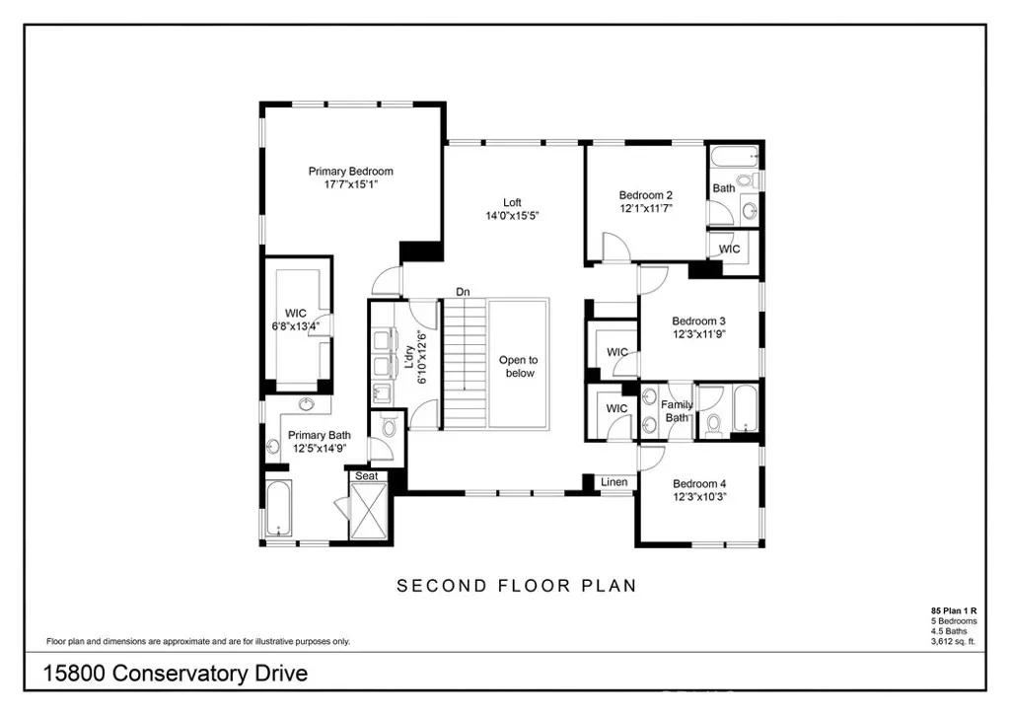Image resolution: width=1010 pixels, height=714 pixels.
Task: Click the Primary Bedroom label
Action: (350, 172)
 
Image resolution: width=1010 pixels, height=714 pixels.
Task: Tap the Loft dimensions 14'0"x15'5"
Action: (512, 216)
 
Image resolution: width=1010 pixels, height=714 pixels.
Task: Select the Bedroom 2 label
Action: (645, 195)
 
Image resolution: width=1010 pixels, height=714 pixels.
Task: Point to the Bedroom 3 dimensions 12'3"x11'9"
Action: (699, 334)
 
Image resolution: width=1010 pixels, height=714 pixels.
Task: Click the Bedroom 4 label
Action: (699, 483)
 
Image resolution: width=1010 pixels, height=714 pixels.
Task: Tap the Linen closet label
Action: (613, 482)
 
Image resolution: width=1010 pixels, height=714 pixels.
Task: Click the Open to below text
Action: (519, 366)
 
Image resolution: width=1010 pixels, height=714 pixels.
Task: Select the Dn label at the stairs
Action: (463, 292)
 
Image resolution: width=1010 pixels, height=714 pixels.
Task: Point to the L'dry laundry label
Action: (409, 358)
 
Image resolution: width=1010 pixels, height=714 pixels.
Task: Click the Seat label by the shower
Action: (367, 475)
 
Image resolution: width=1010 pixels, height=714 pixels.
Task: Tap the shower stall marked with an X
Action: (369, 511)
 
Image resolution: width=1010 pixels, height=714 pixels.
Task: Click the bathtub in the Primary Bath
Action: (279, 508)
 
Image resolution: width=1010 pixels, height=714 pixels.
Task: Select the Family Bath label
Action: (677, 411)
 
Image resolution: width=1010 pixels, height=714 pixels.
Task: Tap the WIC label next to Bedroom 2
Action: (729, 250)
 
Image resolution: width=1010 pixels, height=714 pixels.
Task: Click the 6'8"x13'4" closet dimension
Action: (296, 326)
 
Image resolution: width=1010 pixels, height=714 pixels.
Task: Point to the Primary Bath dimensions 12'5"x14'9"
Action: (320, 448)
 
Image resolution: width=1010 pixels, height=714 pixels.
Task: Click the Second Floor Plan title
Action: (517, 586)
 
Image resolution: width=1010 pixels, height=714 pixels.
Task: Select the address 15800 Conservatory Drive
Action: (176, 674)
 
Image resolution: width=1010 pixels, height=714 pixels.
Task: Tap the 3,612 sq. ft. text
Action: (954, 641)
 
